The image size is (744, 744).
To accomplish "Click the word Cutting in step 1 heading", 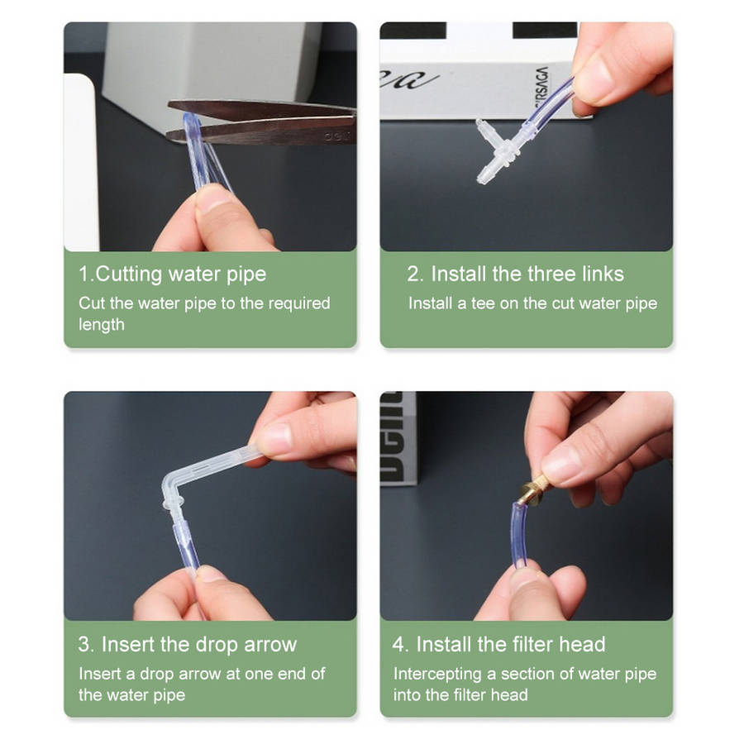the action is (129, 274).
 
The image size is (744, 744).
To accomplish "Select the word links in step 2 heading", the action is (600, 274).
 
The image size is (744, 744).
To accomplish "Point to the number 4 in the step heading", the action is (399, 645).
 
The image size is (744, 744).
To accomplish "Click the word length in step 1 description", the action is (102, 325).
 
